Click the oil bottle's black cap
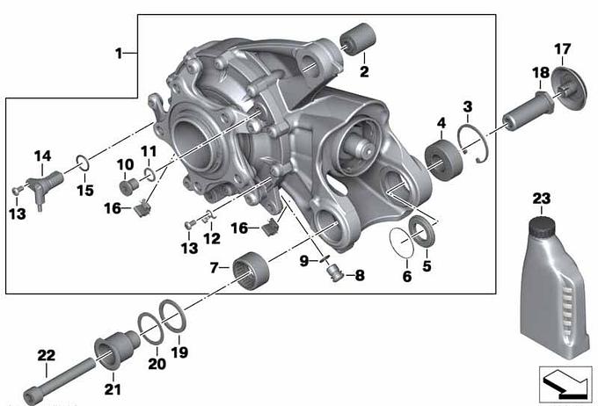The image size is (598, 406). tap(542, 226)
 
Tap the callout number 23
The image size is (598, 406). tap(542, 199)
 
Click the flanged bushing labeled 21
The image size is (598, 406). tap(117, 351)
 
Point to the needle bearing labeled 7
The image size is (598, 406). tap(251, 271)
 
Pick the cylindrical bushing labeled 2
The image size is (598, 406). tap(358, 40)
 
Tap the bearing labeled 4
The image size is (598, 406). tap(444, 160)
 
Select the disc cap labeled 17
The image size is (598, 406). tap(569, 89)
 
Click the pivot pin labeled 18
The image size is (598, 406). tap(528, 112)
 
